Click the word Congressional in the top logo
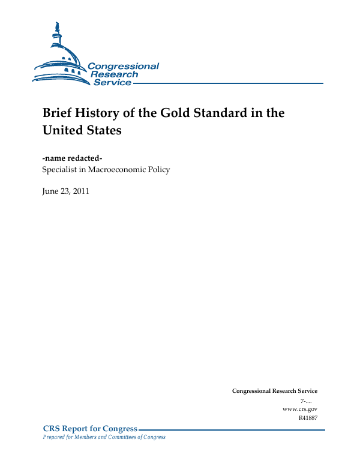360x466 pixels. (x=124, y=66)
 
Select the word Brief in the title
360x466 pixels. (x=57, y=113)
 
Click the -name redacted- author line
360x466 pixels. (x=72, y=158)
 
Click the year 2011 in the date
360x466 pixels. (x=80, y=192)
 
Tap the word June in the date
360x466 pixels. (x=50, y=192)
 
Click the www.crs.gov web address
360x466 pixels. (x=299, y=408)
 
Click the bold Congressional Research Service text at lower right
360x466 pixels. (x=274, y=391)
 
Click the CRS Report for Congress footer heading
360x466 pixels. (x=90, y=429)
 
